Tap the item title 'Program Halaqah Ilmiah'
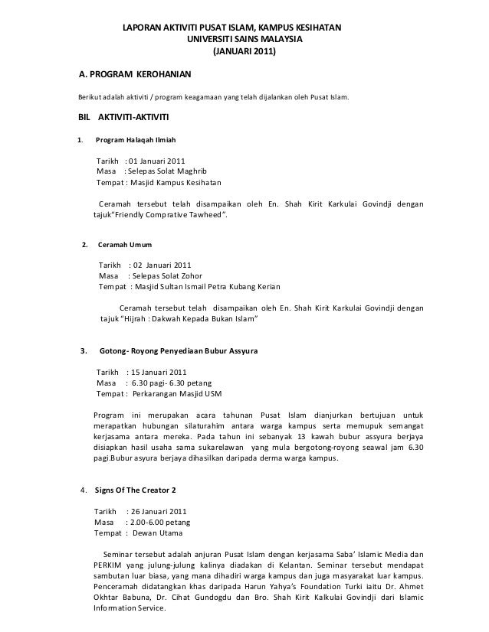(135, 142)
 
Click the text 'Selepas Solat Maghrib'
(162, 173)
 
